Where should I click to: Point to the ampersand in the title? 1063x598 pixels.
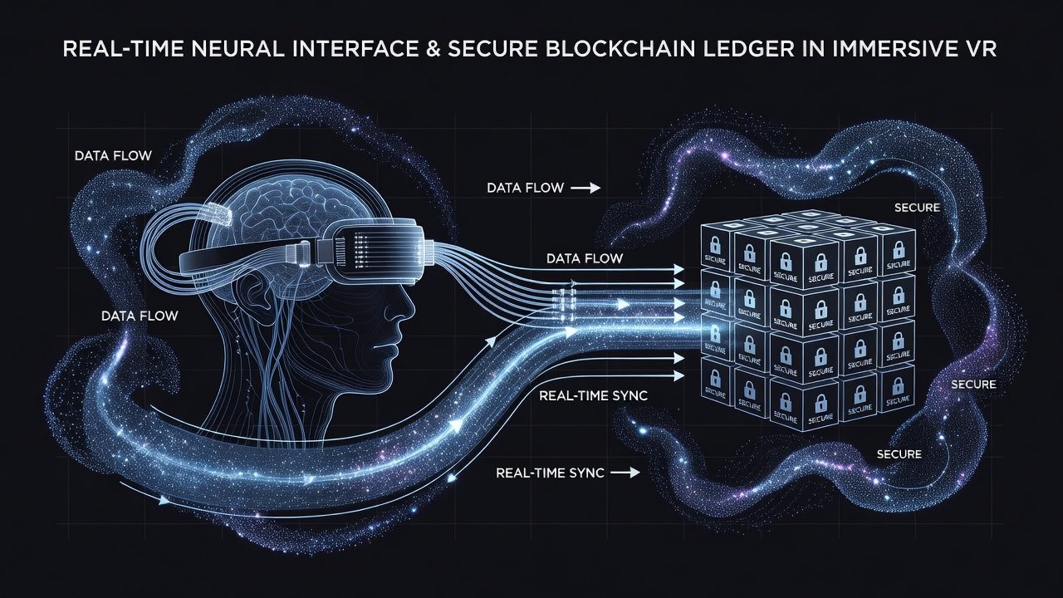tap(432, 49)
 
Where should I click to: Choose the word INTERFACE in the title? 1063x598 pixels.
tap(350, 49)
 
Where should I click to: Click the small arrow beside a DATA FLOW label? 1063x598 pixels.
tap(585, 189)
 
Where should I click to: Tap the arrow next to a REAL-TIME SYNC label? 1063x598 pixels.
tap(625, 473)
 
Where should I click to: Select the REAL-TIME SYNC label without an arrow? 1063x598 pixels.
tap(594, 395)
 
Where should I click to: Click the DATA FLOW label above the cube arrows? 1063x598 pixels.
tap(585, 258)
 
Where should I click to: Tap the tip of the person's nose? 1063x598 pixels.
tap(413, 313)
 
